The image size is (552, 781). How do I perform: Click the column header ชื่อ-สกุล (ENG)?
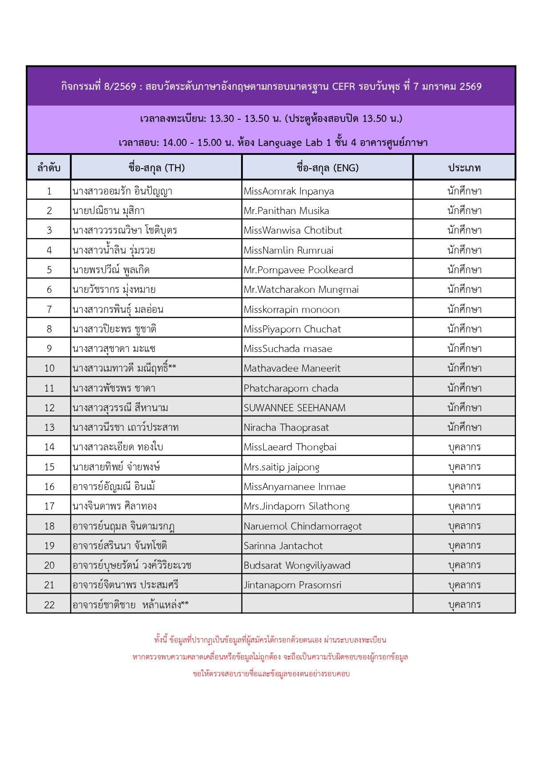[327, 168]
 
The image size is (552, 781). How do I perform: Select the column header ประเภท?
[464, 168]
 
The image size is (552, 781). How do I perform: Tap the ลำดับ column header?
[49, 168]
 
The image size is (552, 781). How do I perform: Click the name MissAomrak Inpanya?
[289, 191]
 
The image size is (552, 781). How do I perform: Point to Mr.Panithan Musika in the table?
[286, 211]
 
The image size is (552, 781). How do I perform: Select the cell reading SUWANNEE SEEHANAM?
[294, 408]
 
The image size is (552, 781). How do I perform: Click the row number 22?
[49, 605]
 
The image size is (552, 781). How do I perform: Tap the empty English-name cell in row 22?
[327, 604]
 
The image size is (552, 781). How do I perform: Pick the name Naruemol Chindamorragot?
[302, 526]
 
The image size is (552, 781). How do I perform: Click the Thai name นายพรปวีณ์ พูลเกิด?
[111, 270]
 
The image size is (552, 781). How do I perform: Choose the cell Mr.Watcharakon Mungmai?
[301, 290]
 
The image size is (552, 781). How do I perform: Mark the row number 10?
[49, 368]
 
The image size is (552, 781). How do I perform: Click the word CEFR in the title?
[343, 86]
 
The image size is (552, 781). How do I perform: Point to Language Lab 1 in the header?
[294, 143]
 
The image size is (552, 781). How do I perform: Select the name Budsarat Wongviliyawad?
[297, 566]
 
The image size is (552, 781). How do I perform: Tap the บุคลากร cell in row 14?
[464, 447]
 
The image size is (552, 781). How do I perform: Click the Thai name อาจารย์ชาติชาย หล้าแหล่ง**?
[130, 605]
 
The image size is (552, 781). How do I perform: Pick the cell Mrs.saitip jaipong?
[282, 467]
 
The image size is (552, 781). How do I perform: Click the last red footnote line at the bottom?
[271, 674]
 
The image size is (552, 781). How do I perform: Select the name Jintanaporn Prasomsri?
[292, 585]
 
